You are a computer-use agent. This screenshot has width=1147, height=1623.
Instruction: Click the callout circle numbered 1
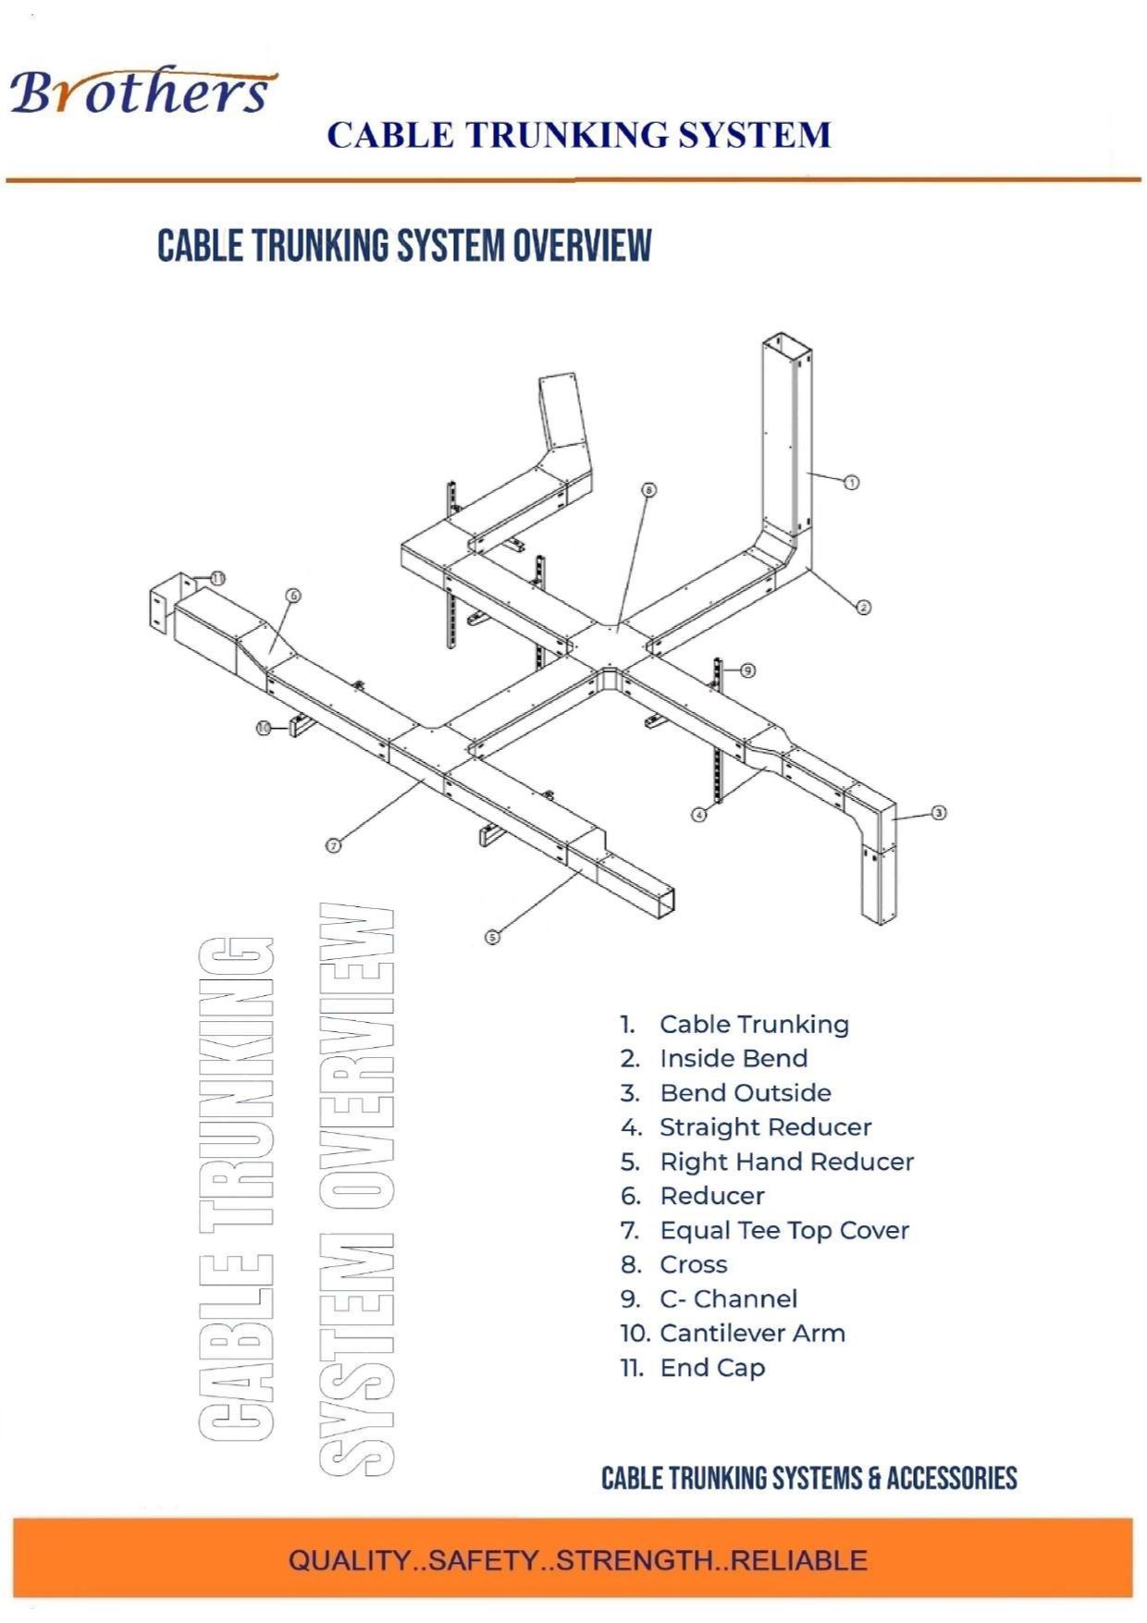pos(852,481)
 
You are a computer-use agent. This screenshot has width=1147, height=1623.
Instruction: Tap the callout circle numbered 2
pos(863,607)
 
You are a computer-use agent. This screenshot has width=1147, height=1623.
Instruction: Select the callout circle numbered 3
pos(938,813)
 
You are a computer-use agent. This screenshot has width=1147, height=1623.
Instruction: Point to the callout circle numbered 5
pos(492,937)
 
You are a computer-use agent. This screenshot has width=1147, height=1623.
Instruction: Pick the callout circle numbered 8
pos(649,489)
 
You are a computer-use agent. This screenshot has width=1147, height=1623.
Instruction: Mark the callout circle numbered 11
pos(217,579)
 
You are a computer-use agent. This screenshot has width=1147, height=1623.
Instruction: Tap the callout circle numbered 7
pos(334,844)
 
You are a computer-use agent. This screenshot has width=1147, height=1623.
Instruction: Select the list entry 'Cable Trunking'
pos(754,1025)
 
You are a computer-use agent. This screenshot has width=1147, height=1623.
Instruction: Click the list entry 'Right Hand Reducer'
pos(786,1162)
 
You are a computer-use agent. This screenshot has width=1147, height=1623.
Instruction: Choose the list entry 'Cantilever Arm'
pos(752,1334)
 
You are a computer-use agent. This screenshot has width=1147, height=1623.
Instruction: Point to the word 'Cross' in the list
pos(694,1264)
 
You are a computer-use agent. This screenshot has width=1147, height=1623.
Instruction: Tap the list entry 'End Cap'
pos(712,1368)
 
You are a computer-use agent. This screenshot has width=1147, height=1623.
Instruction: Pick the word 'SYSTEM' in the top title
pos(754,135)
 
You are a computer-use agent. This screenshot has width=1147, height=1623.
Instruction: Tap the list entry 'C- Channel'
pos(728,1299)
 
